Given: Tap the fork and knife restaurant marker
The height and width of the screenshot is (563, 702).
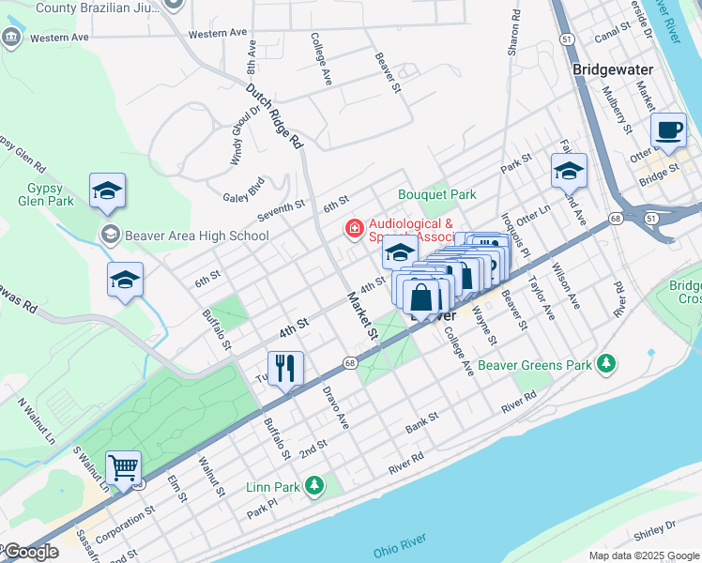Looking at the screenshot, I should (282, 367).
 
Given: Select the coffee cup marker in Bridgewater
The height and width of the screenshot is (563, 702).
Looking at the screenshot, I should (668, 130).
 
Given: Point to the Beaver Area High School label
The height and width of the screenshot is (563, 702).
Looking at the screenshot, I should (197, 236).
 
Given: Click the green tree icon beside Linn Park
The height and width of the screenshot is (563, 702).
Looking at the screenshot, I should (314, 485).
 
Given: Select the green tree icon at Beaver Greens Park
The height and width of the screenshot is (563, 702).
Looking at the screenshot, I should (607, 363).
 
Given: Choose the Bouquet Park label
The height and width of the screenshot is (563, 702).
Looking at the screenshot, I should (437, 194).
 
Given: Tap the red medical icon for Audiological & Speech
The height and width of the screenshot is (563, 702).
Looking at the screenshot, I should (355, 228).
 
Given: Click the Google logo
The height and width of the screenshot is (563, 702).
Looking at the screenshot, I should (31, 552).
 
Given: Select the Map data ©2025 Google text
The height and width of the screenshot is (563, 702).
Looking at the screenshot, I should (643, 555).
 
